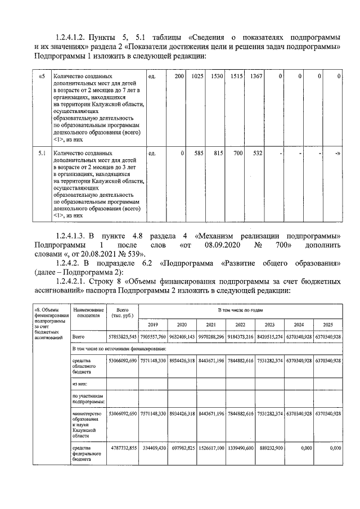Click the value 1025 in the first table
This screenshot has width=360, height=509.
[x=195, y=76]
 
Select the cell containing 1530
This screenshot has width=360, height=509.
[x=217, y=76]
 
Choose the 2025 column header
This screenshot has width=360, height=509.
[x=328, y=325]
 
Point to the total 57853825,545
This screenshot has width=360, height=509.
[x=122, y=337]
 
